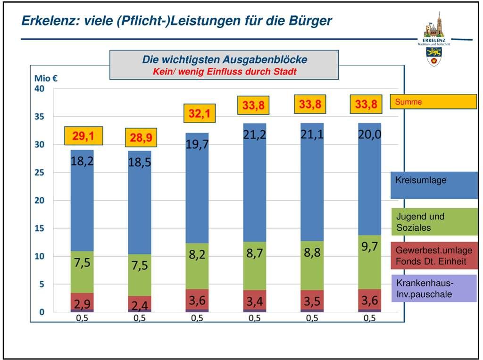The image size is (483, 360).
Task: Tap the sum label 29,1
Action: (x=83, y=137)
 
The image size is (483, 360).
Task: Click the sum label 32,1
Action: (x=200, y=114)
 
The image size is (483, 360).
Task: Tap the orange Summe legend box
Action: (x=433, y=101)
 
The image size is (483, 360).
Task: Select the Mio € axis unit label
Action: (x=46, y=78)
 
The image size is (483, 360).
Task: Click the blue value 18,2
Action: (x=82, y=161)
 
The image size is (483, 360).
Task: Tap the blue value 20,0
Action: (x=369, y=135)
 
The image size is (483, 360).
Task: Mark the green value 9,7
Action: (x=369, y=246)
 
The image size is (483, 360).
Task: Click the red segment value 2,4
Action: (x=140, y=305)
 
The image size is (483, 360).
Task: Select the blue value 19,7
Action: (x=197, y=145)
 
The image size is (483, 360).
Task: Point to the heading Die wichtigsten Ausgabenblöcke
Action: (x=225, y=60)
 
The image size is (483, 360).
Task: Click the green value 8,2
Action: (x=197, y=255)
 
